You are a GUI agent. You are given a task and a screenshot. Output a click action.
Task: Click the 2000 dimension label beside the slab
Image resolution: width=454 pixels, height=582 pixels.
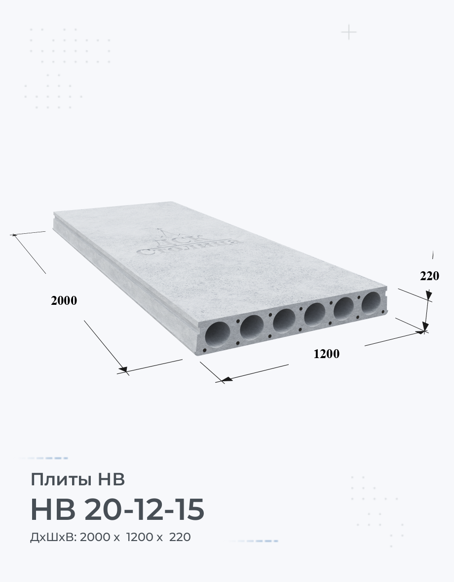point(64,300)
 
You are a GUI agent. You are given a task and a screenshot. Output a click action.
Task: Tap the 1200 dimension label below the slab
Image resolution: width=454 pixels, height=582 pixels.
point(326,354)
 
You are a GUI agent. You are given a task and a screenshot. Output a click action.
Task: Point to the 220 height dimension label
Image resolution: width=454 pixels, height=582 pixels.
point(429,276)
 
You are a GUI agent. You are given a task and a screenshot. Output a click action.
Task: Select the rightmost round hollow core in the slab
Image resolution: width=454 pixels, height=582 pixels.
point(371,303)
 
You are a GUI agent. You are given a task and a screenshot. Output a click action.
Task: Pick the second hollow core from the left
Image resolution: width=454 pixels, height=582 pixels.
point(252,327)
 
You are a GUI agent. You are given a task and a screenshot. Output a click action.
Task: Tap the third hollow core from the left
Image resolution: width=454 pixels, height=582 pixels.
point(284,321)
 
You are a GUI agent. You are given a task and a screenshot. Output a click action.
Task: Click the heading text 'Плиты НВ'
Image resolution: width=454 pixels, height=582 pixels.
point(77,479)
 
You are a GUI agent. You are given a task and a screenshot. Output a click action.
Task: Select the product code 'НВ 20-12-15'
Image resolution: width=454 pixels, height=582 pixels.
point(117,509)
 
